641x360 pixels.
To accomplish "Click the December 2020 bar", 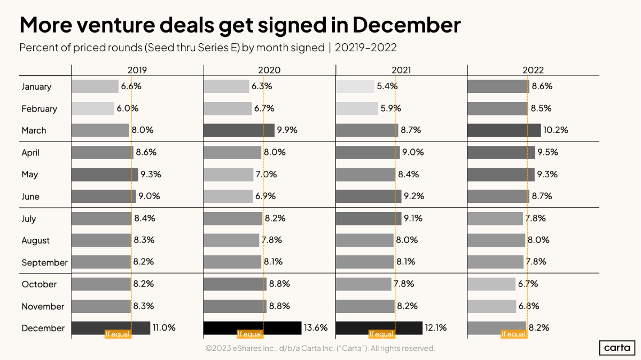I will (x=253, y=328).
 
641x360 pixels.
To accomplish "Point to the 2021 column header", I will (x=401, y=70).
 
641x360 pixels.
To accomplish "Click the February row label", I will (x=39, y=108).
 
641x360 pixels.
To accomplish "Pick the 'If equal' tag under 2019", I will (x=118, y=334).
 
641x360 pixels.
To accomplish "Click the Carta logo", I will (x=616, y=348).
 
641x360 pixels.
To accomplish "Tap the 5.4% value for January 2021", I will (x=387, y=86).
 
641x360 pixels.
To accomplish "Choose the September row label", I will (x=44, y=262).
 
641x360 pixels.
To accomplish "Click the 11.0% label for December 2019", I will (x=164, y=328).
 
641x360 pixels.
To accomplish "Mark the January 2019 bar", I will (x=95, y=87).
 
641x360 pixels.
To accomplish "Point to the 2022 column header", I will (x=533, y=70).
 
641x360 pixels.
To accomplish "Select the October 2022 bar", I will (x=491, y=284).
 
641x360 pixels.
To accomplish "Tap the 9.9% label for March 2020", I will (x=287, y=130).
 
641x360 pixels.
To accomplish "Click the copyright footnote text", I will (x=320, y=348).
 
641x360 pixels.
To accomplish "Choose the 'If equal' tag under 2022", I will (x=513, y=334).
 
